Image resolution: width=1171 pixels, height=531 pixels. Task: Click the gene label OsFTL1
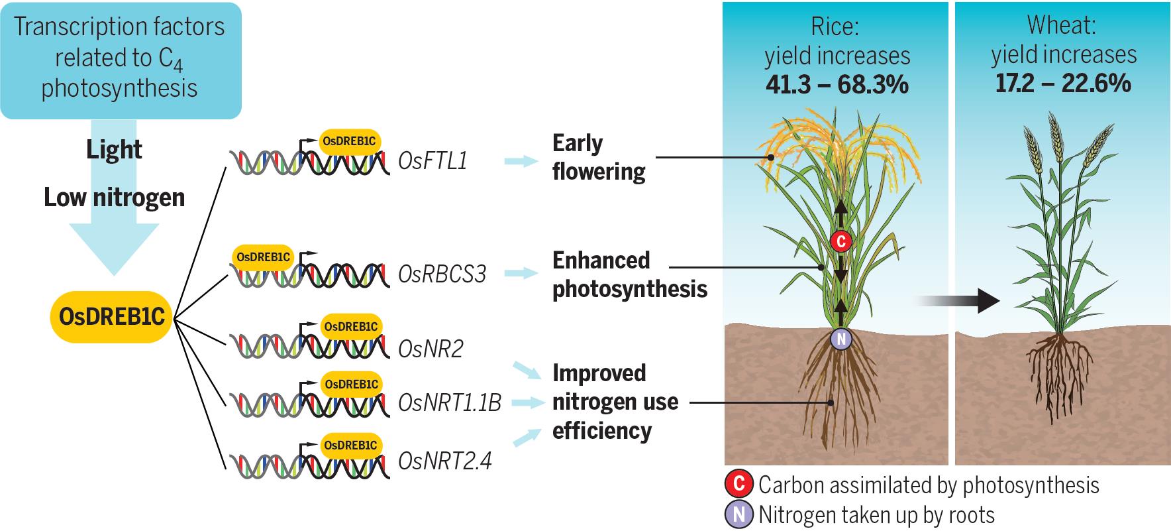tap(433, 160)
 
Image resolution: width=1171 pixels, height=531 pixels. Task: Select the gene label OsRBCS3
tap(442, 274)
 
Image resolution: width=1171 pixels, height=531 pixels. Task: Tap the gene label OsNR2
tap(431, 349)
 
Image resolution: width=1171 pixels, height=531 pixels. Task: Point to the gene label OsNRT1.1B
tap(450, 402)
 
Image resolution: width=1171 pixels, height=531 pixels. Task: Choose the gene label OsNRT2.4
tap(444, 461)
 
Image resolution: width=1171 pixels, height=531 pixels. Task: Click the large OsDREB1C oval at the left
tap(111, 317)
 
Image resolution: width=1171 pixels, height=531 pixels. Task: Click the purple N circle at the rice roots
tap(840, 339)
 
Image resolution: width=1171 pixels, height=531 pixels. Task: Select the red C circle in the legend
tap(738, 485)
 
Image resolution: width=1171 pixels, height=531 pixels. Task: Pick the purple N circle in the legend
tap(738, 514)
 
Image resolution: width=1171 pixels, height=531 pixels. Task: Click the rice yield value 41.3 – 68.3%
tap(837, 85)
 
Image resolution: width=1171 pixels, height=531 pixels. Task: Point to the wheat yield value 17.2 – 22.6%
tap(1063, 84)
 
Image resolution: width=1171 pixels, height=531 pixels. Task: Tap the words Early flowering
tap(597, 158)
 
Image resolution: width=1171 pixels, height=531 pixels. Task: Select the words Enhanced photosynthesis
tap(629, 274)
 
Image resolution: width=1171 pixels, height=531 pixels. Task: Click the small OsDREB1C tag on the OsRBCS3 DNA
tap(263, 257)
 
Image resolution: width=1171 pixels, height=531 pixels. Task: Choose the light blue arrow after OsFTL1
tap(521, 160)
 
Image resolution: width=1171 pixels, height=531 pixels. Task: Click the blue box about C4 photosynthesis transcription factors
tap(119, 60)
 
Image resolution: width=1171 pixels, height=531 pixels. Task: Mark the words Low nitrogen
tap(114, 198)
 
